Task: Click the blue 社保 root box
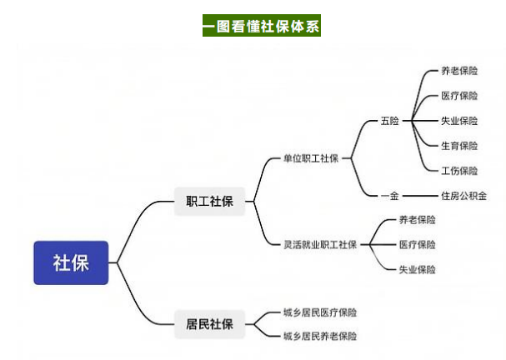(x=71, y=262)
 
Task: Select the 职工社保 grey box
(x=209, y=202)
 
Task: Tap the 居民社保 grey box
(x=209, y=324)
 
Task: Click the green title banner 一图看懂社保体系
(x=262, y=26)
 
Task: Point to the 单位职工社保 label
(x=311, y=158)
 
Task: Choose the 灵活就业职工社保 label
(x=320, y=244)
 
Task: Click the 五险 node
(x=389, y=121)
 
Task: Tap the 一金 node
(x=389, y=196)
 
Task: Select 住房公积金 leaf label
(x=463, y=196)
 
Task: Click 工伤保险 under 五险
(x=459, y=171)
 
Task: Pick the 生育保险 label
(x=459, y=146)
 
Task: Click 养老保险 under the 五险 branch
(x=459, y=71)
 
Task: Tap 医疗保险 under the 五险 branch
(x=459, y=96)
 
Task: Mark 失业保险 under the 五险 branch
(x=459, y=121)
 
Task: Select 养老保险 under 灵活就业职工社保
(x=418, y=220)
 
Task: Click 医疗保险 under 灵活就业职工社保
(x=418, y=244)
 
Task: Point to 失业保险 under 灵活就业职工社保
(x=418, y=269)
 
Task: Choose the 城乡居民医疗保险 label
(x=320, y=312)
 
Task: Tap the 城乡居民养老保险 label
(x=320, y=336)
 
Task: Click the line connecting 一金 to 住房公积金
(x=420, y=196)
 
